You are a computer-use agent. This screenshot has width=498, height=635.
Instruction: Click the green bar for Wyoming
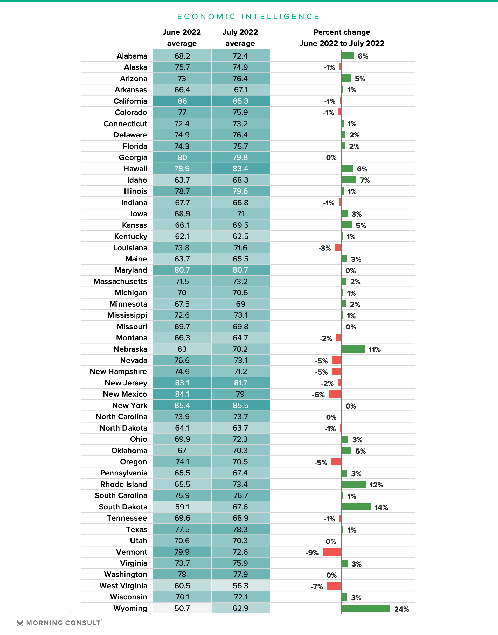366,609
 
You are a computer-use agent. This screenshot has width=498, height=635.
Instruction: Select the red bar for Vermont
332,552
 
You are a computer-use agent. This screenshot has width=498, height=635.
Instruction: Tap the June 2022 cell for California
182,101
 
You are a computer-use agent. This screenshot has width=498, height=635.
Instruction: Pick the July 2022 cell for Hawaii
240,169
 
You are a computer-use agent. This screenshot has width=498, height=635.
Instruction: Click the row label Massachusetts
120,281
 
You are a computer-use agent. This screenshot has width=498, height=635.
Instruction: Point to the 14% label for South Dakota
381,507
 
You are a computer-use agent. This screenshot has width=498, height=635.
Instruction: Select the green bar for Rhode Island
353,484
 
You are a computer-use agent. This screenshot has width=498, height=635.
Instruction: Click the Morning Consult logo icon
20,623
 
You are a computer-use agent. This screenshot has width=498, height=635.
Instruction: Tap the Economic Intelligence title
248,16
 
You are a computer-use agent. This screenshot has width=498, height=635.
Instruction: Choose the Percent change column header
342,38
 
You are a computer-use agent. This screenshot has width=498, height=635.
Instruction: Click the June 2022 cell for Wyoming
182,608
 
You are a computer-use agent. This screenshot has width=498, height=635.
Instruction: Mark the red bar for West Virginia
334,586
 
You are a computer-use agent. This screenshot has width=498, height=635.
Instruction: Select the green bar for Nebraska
353,349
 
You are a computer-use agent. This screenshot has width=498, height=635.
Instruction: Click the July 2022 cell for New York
240,405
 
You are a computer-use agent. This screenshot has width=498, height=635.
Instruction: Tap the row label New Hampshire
118,371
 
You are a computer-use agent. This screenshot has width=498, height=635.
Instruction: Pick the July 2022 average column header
240,38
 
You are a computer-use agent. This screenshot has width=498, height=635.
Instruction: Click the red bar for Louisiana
338,247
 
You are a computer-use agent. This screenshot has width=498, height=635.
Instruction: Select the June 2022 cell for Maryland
182,270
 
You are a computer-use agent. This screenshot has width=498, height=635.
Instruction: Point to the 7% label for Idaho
365,180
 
